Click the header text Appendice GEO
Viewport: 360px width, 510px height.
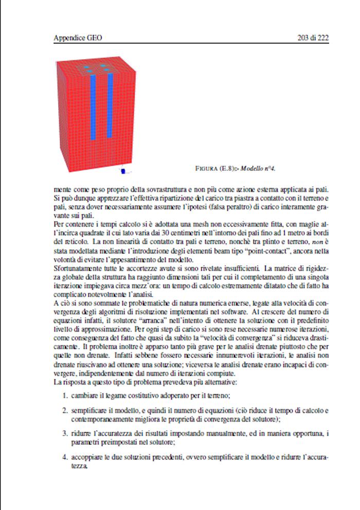click(81, 38)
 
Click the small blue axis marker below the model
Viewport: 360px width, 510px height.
click(123, 170)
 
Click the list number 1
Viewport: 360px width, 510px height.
click(65, 395)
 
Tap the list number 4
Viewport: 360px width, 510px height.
click(65, 457)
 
